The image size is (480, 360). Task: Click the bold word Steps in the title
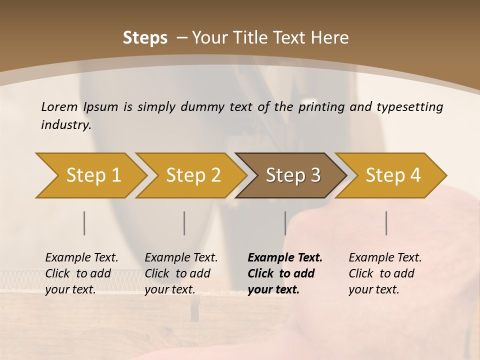point(145,38)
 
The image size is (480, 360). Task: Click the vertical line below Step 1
point(84,223)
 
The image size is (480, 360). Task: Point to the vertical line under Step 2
point(184,223)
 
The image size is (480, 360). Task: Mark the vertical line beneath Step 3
point(285,223)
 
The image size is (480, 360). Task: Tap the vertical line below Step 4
point(386,223)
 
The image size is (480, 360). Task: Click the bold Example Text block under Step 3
point(284,273)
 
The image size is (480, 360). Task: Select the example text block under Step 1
point(81,273)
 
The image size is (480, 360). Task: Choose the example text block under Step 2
point(181,273)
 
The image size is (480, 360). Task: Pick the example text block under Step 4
point(385,273)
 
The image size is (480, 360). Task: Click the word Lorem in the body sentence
point(59,107)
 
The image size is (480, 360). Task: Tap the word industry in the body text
point(65,125)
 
